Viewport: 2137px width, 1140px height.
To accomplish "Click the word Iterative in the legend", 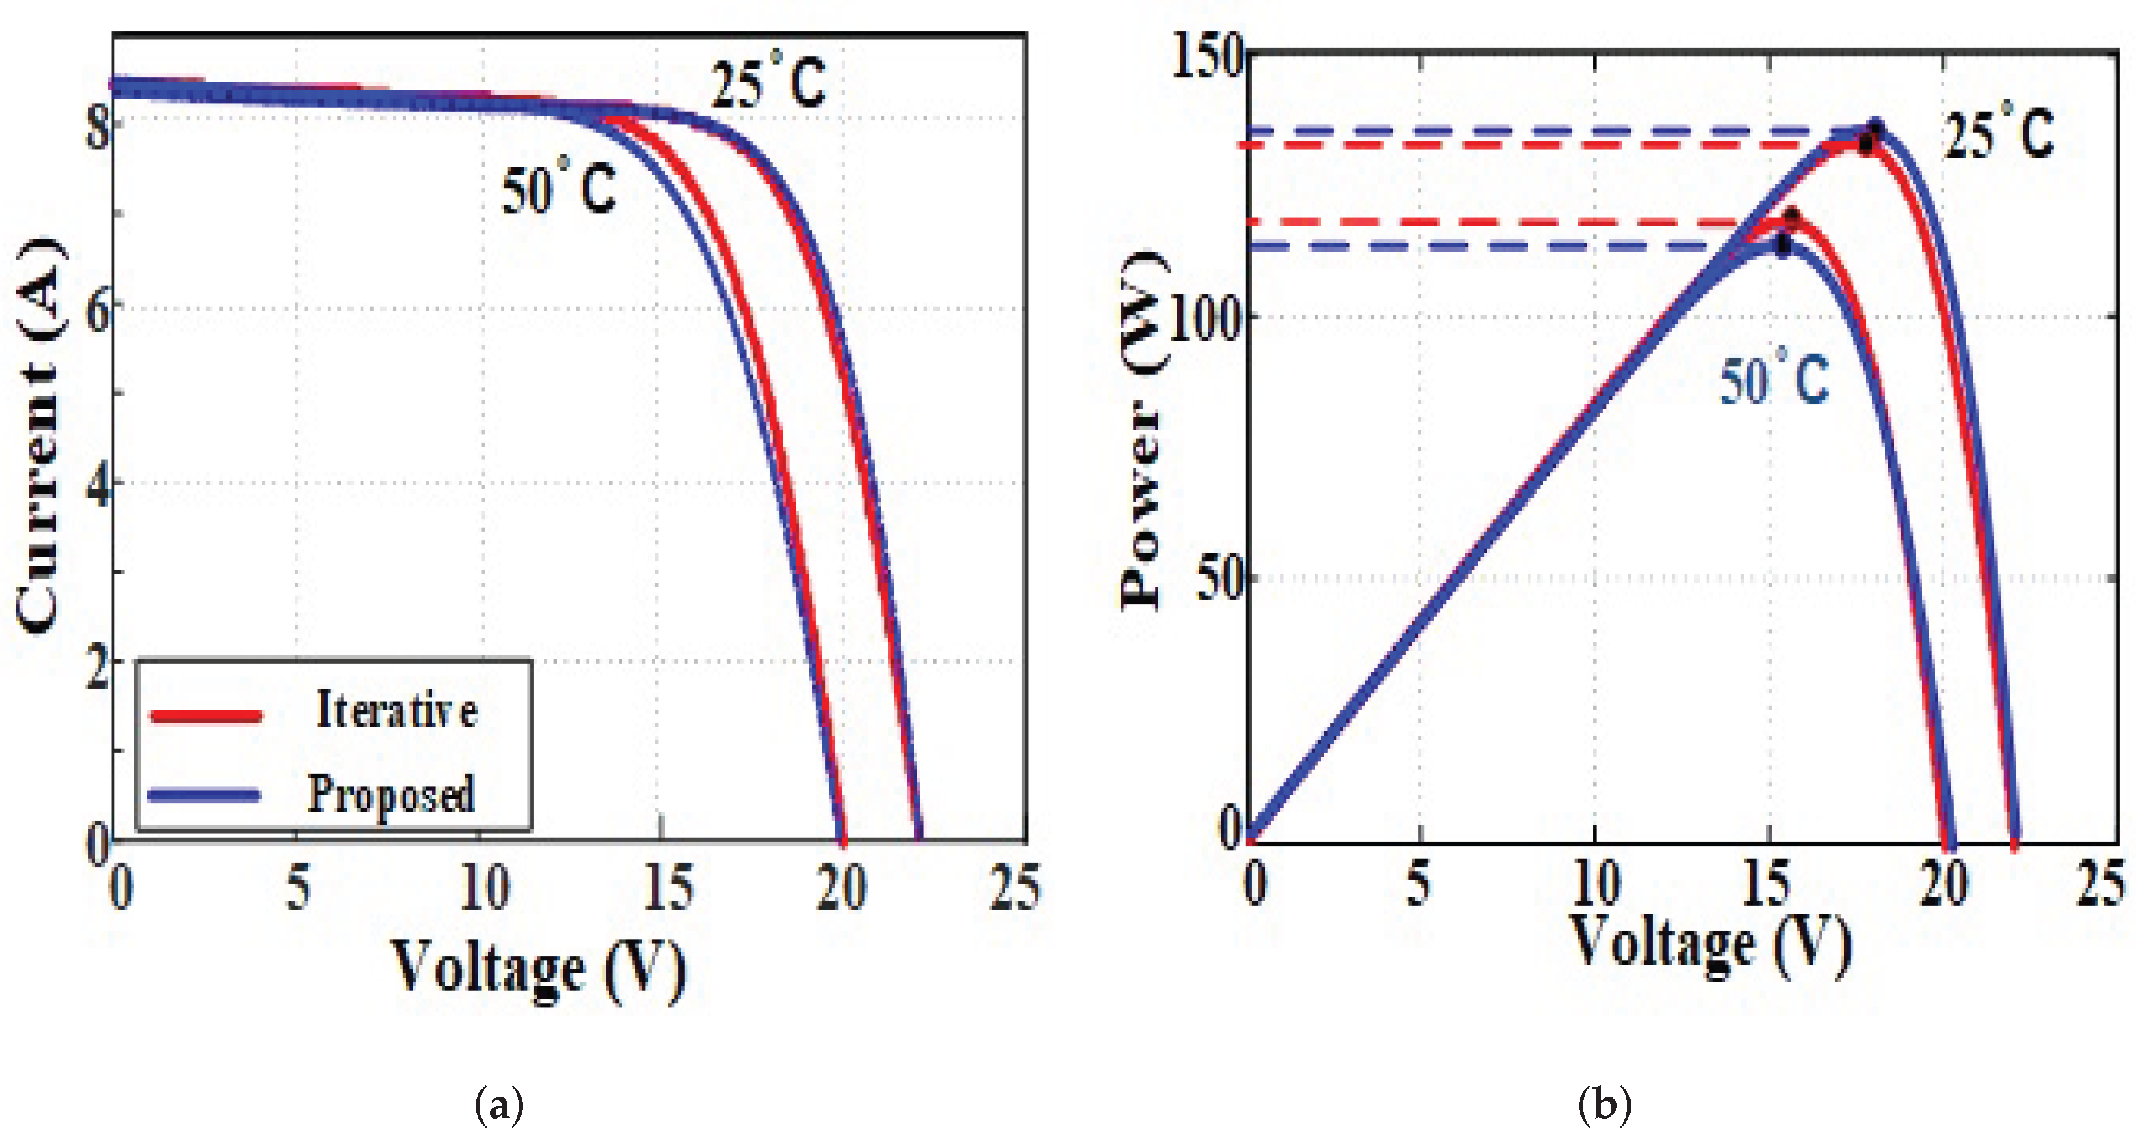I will [x=397, y=711].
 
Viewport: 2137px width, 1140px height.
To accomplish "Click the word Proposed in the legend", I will [x=391, y=795].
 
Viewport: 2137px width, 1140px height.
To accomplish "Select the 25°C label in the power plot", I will [x=1999, y=133].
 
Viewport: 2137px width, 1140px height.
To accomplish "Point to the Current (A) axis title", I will [x=40, y=435].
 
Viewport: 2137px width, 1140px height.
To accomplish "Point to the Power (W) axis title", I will [x=1143, y=431].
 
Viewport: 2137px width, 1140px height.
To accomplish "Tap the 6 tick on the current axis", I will [x=98, y=312].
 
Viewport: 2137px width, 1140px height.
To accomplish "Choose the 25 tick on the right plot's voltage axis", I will [x=2101, y=883].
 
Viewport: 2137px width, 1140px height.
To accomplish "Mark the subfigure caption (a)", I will [x=498, y=1105].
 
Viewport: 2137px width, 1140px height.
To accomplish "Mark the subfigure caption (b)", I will [x=1604, y=1105].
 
